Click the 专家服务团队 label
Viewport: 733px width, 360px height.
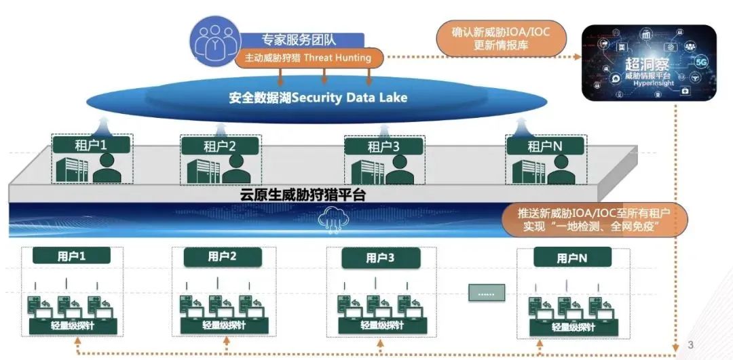pos(292,39)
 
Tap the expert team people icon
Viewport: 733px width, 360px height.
pos(212,41)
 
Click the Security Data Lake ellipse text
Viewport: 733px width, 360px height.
pos(318,98)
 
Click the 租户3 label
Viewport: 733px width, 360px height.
pos(384,146)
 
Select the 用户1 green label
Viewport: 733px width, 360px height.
pos(71,256)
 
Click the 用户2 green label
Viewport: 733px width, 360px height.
pos(222,257)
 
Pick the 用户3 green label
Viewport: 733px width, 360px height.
pos(380,258)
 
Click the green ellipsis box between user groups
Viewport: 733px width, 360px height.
pos(487,292)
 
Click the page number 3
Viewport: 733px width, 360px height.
pos(691,345)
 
